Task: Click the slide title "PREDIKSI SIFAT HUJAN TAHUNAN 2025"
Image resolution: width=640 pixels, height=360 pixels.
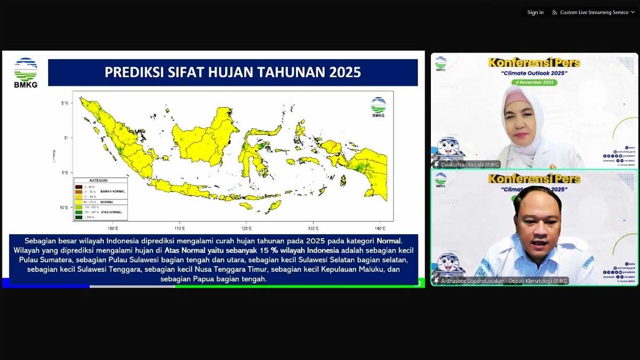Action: tap(233, 72)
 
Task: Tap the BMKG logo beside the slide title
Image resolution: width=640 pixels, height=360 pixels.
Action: tap(26, 72)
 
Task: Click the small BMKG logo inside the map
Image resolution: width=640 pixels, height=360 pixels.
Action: tap(378, 107)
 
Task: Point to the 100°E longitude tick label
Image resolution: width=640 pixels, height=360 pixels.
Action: tap(113, 228)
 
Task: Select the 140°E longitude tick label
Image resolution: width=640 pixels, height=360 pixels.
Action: tap(380, 228)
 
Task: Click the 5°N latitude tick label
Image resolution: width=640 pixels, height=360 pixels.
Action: tap(64, 103)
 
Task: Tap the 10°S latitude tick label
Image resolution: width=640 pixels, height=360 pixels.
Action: tap(63, 207)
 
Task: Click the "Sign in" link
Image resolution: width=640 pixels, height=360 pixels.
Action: tap(535, 12)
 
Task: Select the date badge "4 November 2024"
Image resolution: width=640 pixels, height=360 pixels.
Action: tap(534, 82)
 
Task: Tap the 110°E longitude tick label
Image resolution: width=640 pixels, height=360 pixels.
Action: tap(180, 228)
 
